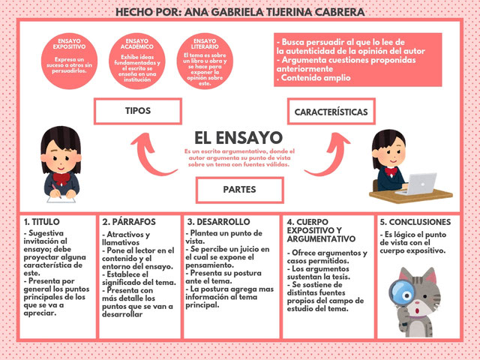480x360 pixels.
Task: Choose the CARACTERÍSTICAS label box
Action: tap(331, 112)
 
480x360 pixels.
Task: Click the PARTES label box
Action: tap(239, 190)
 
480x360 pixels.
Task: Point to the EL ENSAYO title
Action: tap(238, 138)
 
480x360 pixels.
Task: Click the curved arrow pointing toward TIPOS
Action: tap(150, 154)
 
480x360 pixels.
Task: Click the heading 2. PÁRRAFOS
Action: tap(129, 222)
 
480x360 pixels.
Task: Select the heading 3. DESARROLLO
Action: tap(218, 222)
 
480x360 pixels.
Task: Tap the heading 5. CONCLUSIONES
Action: tap(415, 222)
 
